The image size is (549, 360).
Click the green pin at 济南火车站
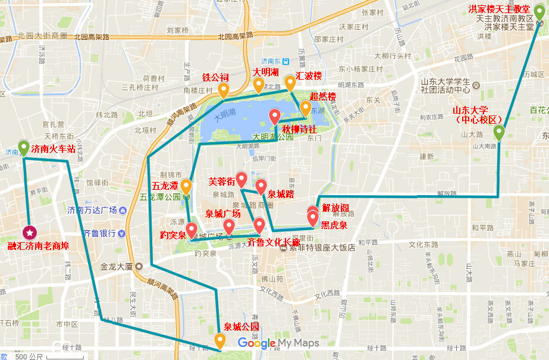tap(24, 147)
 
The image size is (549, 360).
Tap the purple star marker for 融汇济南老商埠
tap(29, 232)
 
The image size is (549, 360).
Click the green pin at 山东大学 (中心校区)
tap(498, 133)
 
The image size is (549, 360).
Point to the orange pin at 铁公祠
tap(224, 90)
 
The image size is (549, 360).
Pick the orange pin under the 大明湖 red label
tap(259, 86)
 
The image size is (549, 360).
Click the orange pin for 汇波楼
tap(290, 83)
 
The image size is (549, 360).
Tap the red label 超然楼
tap(323, 96)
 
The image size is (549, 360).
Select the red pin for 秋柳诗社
tap(275, 116)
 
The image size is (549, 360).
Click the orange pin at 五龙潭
tap(186, 187)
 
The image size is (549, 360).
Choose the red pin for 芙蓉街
tap(241, 179)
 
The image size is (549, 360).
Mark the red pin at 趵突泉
tap(192, 230)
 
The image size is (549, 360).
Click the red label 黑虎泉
tap(334, 225)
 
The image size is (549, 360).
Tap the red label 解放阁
tap(335, 208)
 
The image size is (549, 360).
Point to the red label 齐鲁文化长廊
tap(274, 242)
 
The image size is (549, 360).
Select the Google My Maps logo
tap(278, 343)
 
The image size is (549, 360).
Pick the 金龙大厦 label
tap(120, 267)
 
